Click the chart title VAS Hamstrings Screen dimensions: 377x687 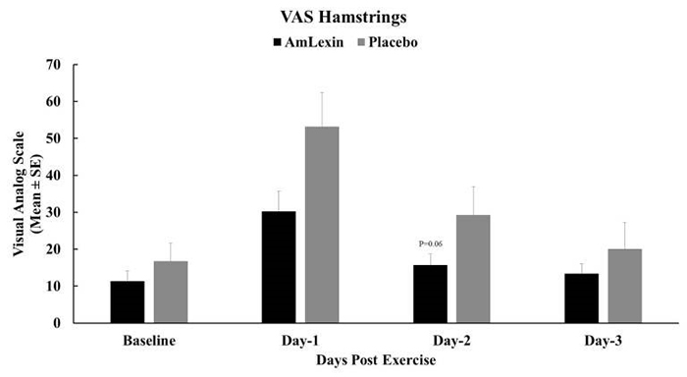[x=343, y=17]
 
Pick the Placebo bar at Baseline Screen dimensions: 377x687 [x=171, y=292]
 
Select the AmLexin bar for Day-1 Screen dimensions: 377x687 [x=279, y=267]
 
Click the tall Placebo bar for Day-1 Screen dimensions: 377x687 [x=323, y=225]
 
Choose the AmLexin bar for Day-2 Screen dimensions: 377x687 [x=431, y=294]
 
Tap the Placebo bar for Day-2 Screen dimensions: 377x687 [x=473, y=269]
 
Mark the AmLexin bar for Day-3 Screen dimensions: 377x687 [x=582, y=297]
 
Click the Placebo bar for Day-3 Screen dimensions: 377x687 [x=625, y=286]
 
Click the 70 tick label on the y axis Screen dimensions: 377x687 [x=53, y=65]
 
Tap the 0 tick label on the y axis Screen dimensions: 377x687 [x=57, y=323]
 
